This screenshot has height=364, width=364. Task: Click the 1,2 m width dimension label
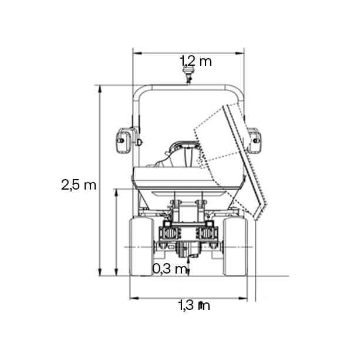tap(196, 61)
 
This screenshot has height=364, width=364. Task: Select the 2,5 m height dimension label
tap(79, 185)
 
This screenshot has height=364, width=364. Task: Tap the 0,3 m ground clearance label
tap(170, 269)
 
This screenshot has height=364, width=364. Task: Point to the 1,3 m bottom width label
tap(194, 305)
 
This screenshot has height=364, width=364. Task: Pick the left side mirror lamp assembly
tap(124, 140)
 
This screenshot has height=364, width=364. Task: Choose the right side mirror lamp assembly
tap(254, 140)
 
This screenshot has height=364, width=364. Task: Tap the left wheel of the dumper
tap(141, 247)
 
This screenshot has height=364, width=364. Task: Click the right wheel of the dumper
tap(235, 247)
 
